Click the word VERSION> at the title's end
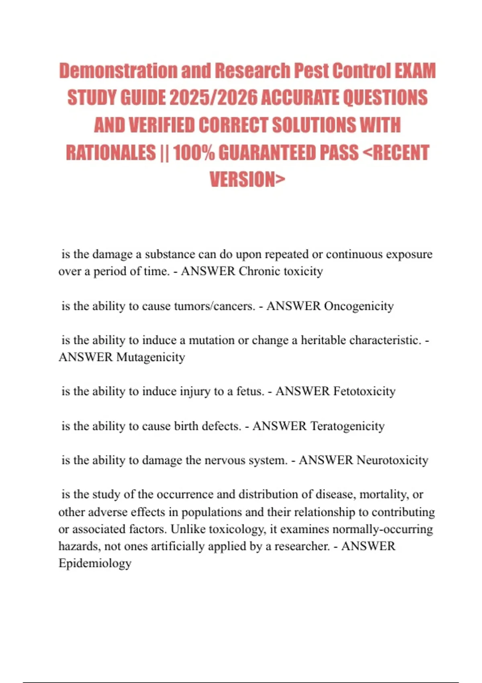[x=247, y=179]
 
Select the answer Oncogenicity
[x=359, y=306]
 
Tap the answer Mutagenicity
[x=151, y=357]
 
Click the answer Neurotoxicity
[x=392, y=460]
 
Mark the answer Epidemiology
[x=95, y=563]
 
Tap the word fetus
[x=250, y=391]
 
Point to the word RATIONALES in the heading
[x=110, y=153]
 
